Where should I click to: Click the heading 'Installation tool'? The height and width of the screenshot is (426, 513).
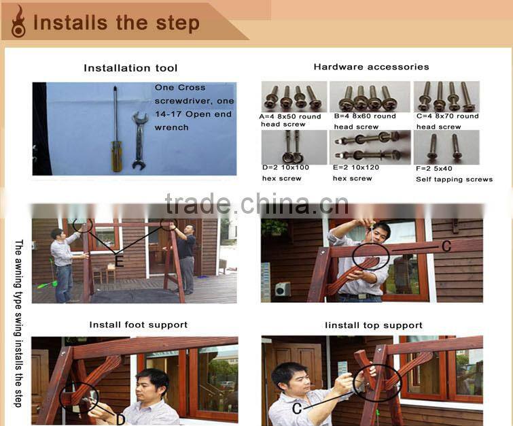coord(130,68)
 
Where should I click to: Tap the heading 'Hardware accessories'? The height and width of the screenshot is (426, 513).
coord(372,67)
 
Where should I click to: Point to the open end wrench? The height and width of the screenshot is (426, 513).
coord(139,141)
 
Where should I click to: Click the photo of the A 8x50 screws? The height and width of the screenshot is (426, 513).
coord(294,97)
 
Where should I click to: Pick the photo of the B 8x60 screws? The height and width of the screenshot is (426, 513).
coord(370,97)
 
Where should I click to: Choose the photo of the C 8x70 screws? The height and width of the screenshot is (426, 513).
coord(446,97)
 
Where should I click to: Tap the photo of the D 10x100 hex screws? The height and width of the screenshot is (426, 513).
coord(294,147)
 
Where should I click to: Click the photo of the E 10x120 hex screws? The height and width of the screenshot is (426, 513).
coord(370,147)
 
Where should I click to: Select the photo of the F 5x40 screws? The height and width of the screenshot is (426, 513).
coord(446,147)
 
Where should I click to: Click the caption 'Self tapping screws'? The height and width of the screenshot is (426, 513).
coord(454,179)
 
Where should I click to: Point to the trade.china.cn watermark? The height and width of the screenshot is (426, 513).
coord(257,204)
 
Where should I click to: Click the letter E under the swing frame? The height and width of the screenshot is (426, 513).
coord(119,261)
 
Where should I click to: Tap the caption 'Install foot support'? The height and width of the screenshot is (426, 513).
coord(139,325)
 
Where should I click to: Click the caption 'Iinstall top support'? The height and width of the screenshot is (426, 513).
coord(374,325)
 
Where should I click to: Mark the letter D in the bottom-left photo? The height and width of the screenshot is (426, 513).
coord(120,420)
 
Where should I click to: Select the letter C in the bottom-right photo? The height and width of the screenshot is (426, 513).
coord(297,408)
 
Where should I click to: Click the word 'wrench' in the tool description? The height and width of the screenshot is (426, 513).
coord(171,127)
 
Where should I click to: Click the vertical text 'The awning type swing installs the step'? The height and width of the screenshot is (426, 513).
coord(18,323)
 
